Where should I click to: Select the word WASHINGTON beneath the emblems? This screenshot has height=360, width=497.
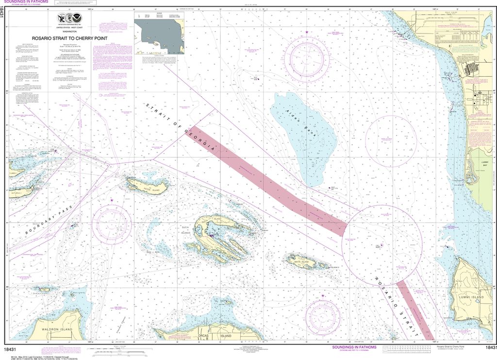pyautogui.click(x=70, y=31)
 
